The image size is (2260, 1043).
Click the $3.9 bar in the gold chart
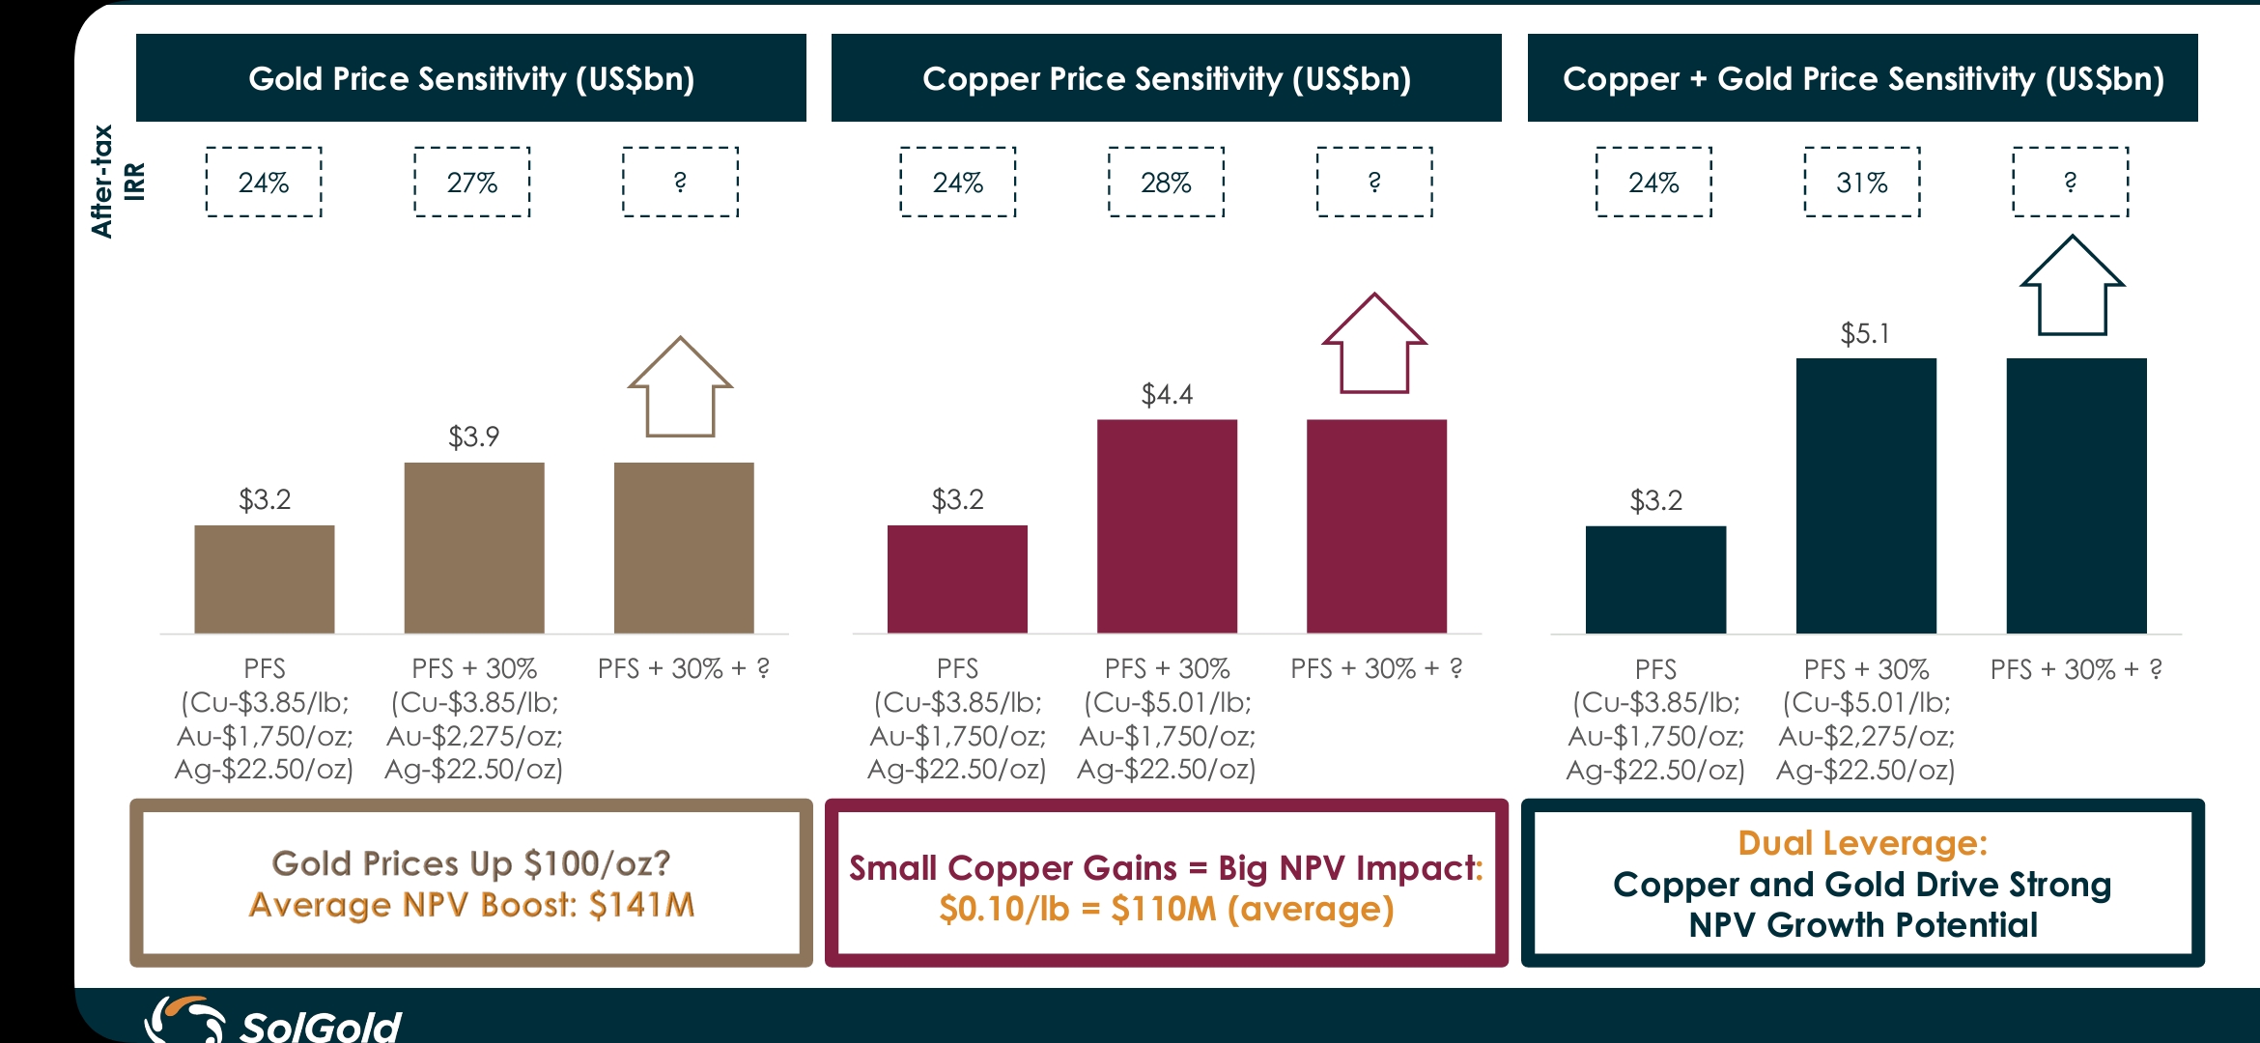coord(474,548)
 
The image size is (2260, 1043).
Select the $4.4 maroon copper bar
coord(1167,526)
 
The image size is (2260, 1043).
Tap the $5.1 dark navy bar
coord(1866,495)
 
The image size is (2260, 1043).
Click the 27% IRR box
coord(472,182)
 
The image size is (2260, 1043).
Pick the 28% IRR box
coord(1166,182)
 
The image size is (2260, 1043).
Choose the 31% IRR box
coord(1862,182)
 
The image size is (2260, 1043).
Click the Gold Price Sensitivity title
coord(471,78)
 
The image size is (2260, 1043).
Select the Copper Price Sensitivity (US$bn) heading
coord(1167,78)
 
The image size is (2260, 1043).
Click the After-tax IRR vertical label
coord(117,182)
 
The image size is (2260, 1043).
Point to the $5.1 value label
coord(1865,334)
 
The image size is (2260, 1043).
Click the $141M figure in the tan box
coord(641,905)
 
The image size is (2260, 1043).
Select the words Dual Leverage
coord(1862,843)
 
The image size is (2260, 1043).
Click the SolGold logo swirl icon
coord(184,1020)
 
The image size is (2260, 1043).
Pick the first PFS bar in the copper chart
coord(957,579)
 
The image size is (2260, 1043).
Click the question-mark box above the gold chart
coord(680,182)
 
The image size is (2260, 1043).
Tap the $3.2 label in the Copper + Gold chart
coord(1655,500)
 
